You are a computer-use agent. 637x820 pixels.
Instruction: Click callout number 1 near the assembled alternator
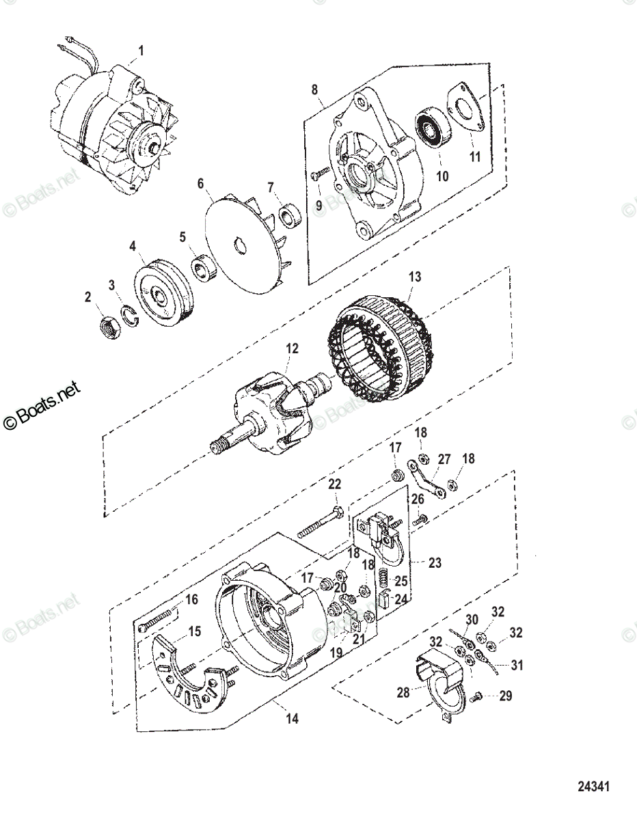pos(141,51)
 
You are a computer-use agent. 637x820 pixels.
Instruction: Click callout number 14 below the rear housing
pos(293,718)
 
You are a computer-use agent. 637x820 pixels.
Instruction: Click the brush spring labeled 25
pos(384,580)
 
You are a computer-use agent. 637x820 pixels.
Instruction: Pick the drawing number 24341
pos(593,787)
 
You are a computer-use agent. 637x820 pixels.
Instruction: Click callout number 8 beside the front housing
pos(314,90)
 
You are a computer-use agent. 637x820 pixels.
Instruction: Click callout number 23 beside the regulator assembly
pos(435,563)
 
